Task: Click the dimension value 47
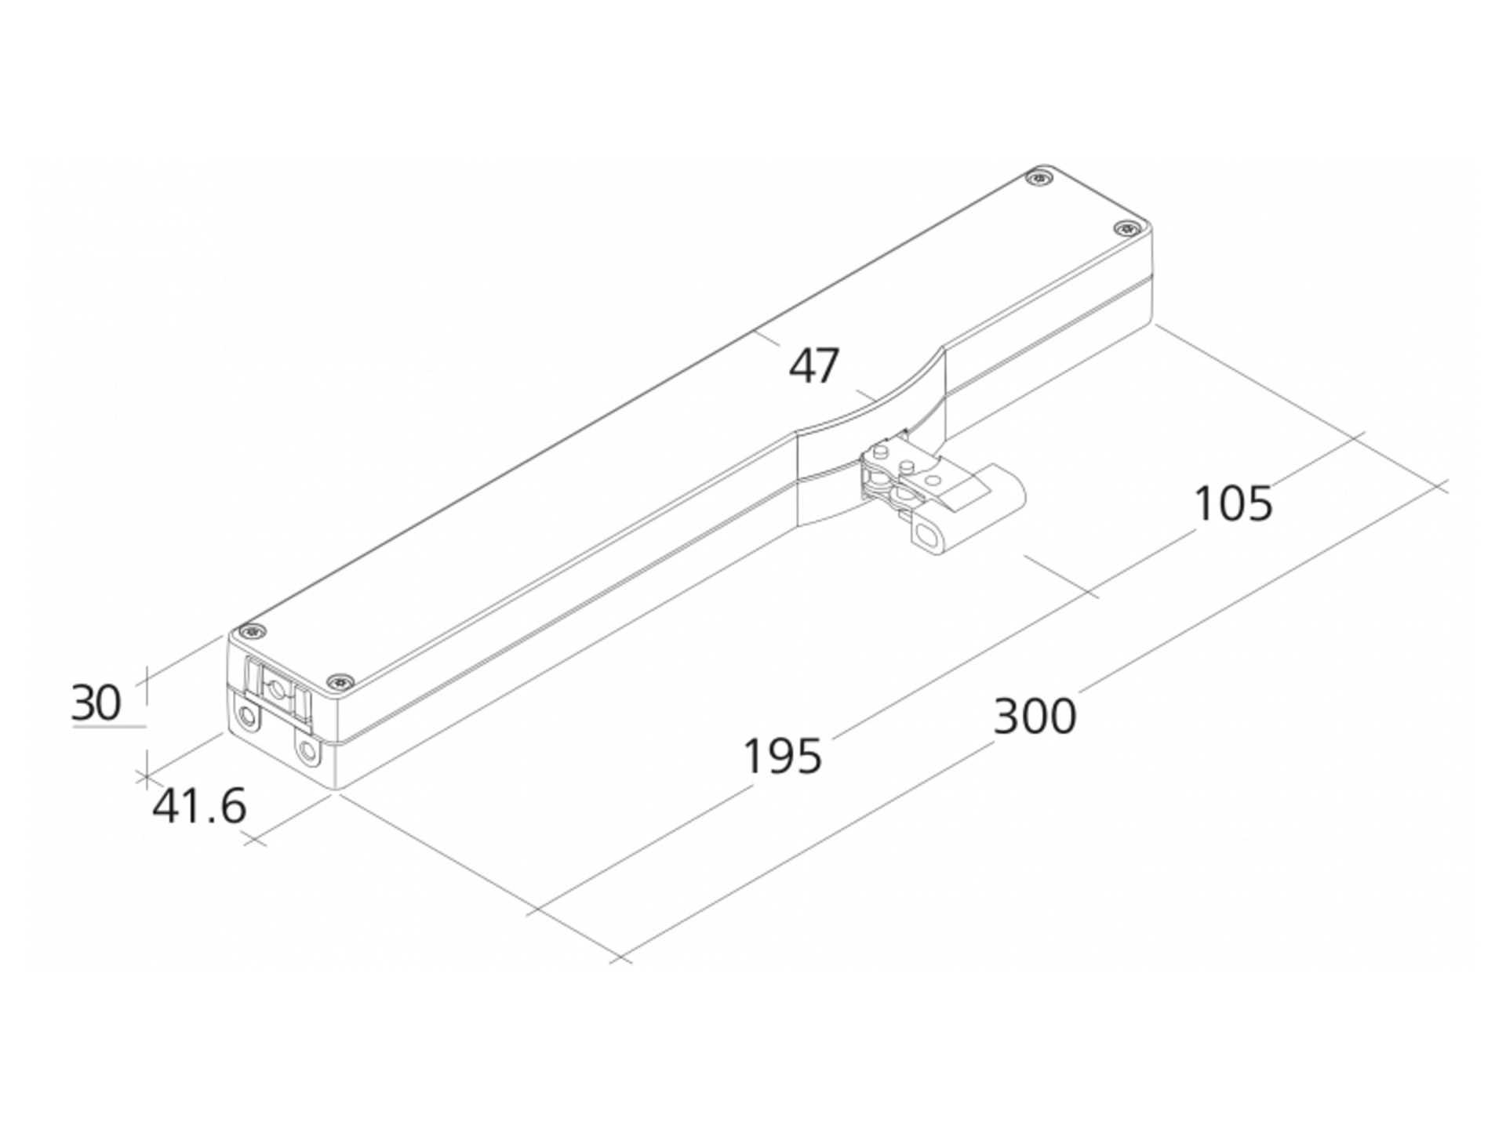[x=814, y=366]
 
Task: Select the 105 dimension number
[x=1233, y=503]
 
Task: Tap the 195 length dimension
[x=782, y=757]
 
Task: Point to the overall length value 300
[x=1035, y=717]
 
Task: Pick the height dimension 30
[x=96, y=702]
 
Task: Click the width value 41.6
[x=198, y=807]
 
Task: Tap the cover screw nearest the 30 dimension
[x=252, y=630]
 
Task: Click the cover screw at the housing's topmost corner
[x=1040, y=178]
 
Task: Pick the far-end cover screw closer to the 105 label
[x=1127, y=229]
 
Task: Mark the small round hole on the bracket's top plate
[x=933, y=480]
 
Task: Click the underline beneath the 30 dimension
[x=109, y=727]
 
